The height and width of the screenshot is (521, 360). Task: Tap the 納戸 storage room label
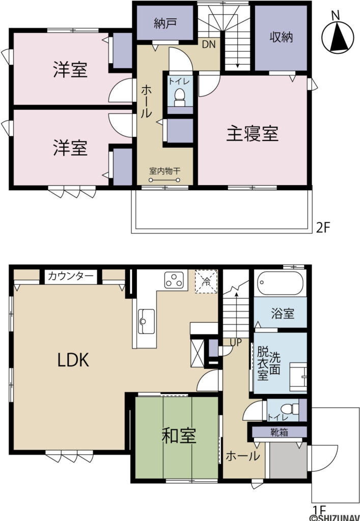pos(164,23)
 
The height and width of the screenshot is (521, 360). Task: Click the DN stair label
pos(209,44)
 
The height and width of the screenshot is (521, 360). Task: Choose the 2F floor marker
pos(323,227)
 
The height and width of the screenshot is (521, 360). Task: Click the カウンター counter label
pos(71,276)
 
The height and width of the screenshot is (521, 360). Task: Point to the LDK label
pos(73,360)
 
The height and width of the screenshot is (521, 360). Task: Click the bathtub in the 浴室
pos(281,282)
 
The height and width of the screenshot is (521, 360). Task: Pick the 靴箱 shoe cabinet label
pos(279,432)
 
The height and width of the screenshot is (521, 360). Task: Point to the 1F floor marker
pos(318,509)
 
